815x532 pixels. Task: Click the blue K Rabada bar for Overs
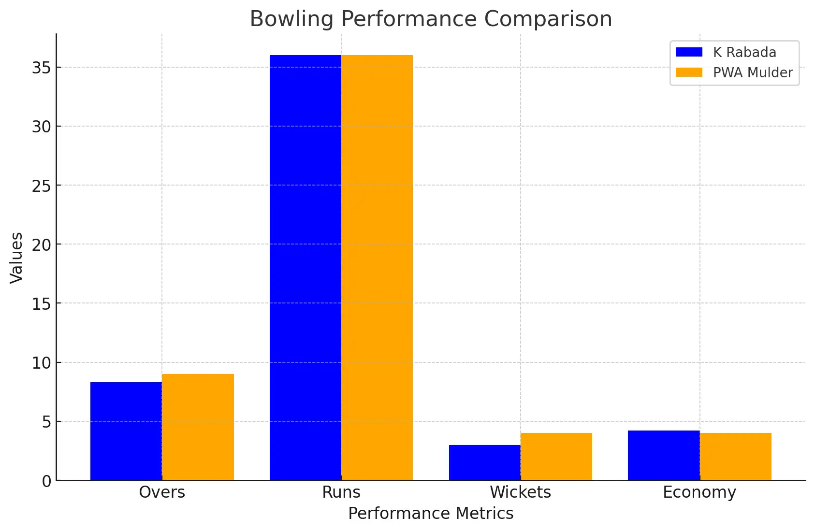pyautogui.click(x=126, y=431)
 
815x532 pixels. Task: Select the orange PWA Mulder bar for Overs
pyautogui.click(x=198, y=427)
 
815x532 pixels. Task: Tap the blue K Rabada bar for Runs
pyautogui.click(x=305, y=268)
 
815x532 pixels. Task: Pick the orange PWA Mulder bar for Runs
pyautogui.click(x=377, y=268)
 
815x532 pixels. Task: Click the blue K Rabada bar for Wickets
pyautogui.click(x=484, y=462)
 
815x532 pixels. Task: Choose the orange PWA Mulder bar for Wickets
pyautogui.click(x=556, y=457)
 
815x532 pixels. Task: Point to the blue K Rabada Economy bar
pyautogui.click(x=664, y=455)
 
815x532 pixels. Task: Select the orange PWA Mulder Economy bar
pyautogui.click(x=735, y=457)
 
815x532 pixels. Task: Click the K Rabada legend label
pyautogui.click(x=744, y=52)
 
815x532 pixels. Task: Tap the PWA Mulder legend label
pyautogui.click(x=753, y=72)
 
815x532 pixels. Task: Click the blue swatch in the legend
pyautogui.click(x=689, y=52)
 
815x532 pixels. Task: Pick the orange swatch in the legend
pyautogui.click(x=689, y=72)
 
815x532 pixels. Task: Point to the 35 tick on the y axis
pyautogui.click(x=42, y=68)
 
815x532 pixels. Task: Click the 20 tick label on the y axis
pyautogui.click(x=42, y=245)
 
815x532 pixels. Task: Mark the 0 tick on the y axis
pyautogui.click(x=46, y=481)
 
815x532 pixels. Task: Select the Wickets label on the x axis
pyautogui.click(x=520, y=492)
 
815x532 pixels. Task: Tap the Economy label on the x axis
pyautogui.click(x=699, y=492)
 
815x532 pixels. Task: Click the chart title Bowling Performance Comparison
pyautogui.click(x=431, y=19)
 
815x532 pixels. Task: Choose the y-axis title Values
pyautogui.click(x=16, y=258)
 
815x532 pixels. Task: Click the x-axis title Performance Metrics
pyautogui.click(x=431, y=513)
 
